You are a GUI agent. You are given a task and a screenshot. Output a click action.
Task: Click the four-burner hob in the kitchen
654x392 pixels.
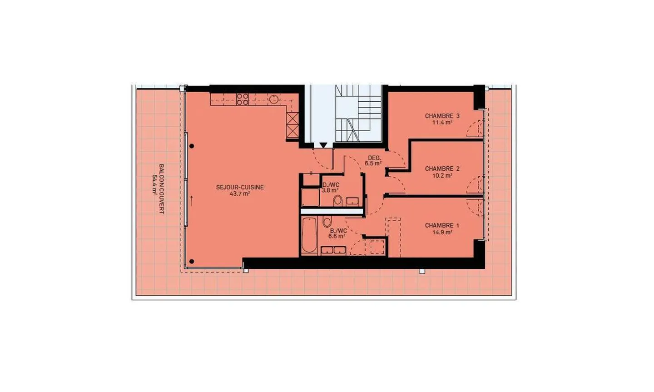[243, 99]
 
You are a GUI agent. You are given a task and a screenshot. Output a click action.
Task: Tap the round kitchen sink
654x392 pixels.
[274, 99]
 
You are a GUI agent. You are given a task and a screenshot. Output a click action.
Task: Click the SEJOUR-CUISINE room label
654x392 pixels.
[240, 187]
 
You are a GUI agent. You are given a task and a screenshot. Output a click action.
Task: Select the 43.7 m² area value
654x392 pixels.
[240, 194]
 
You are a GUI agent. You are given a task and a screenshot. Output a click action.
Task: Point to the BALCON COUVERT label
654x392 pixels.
[162, 189]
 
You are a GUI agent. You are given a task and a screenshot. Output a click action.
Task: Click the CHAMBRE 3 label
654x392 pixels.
[442, 116]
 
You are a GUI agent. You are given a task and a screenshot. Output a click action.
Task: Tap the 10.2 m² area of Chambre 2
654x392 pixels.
[442, 175]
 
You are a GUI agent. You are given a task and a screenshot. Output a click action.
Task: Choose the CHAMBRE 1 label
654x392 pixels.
[442, 225]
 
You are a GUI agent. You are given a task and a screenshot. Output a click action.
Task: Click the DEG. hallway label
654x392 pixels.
[375, 158]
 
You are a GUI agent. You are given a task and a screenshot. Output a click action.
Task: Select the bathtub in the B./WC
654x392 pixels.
[309, 235]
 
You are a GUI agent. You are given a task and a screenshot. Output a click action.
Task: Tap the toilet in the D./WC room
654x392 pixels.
[338, 200]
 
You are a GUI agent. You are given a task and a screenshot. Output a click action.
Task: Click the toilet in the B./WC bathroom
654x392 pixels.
[327, 221]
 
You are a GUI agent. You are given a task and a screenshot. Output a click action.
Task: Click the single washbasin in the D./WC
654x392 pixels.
[352, 202]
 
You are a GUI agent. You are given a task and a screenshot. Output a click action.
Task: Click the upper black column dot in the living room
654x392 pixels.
[192, 146]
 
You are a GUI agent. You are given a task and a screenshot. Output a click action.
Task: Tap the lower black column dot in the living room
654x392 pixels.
[192, 262]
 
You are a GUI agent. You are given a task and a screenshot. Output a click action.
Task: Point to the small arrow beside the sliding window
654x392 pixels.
[192, 201]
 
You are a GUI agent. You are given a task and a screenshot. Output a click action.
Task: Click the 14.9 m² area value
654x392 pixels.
[442, 232]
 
